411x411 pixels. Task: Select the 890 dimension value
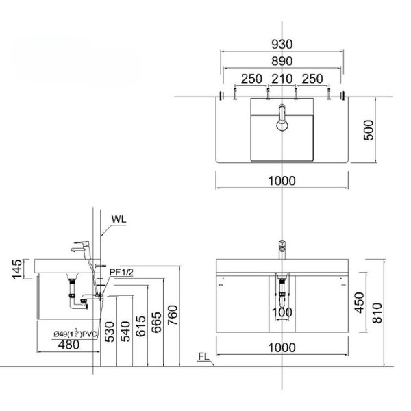point(282,61)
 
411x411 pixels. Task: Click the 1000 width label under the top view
point(282,181)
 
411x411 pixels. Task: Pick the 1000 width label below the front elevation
point(282,348)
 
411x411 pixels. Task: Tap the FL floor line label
point(203,357)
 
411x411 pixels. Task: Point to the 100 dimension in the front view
point(282,313)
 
